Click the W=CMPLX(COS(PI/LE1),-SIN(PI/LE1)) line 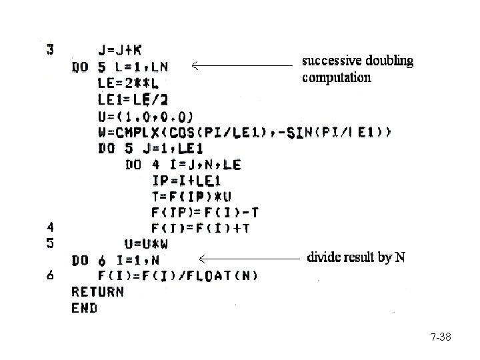pos(244,132)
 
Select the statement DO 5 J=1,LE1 pos(151,148)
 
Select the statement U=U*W pos(146,244)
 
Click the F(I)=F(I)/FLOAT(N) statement pos(179,275)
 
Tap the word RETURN pos(97,291)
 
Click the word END pos(84,308)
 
